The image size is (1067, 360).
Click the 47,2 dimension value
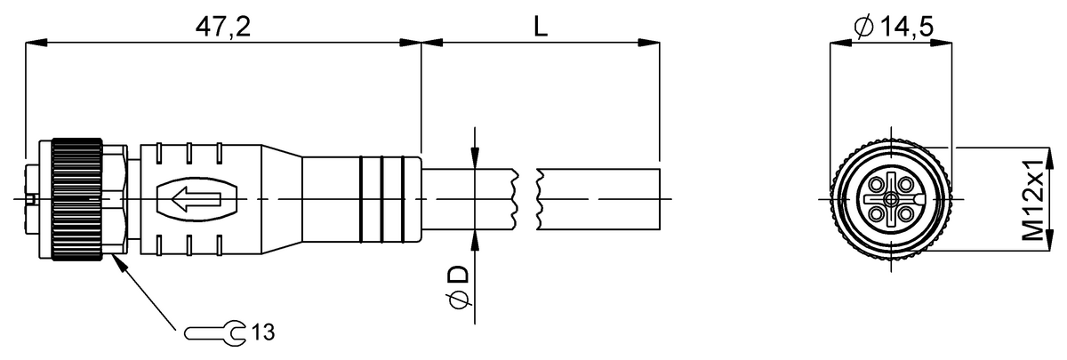click(223, 27)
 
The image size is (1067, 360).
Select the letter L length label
click(540, 27)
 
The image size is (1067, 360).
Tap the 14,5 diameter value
click(906, 27)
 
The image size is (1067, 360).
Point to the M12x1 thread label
click(1032, 200)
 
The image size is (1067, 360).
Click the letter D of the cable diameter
click(460, 274)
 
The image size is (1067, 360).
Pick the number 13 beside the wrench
click(263, 332)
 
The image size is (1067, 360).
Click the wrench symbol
click(215, 332)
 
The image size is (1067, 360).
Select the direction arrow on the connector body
click(197, 199)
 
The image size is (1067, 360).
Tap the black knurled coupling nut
click(76, 199)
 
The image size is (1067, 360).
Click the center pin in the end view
click(891, 199)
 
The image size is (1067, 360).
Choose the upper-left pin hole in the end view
click(876, 184)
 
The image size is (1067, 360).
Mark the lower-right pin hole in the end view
click(907, 214)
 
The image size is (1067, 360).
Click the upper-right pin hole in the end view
click(907, 184)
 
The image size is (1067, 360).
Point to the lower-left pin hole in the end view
click(876, 214)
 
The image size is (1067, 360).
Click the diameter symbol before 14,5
click(863, 28)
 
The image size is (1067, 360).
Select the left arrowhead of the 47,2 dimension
click(36, 43)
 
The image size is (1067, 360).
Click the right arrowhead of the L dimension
click(649, 43)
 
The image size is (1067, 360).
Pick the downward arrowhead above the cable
click(475, 157)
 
